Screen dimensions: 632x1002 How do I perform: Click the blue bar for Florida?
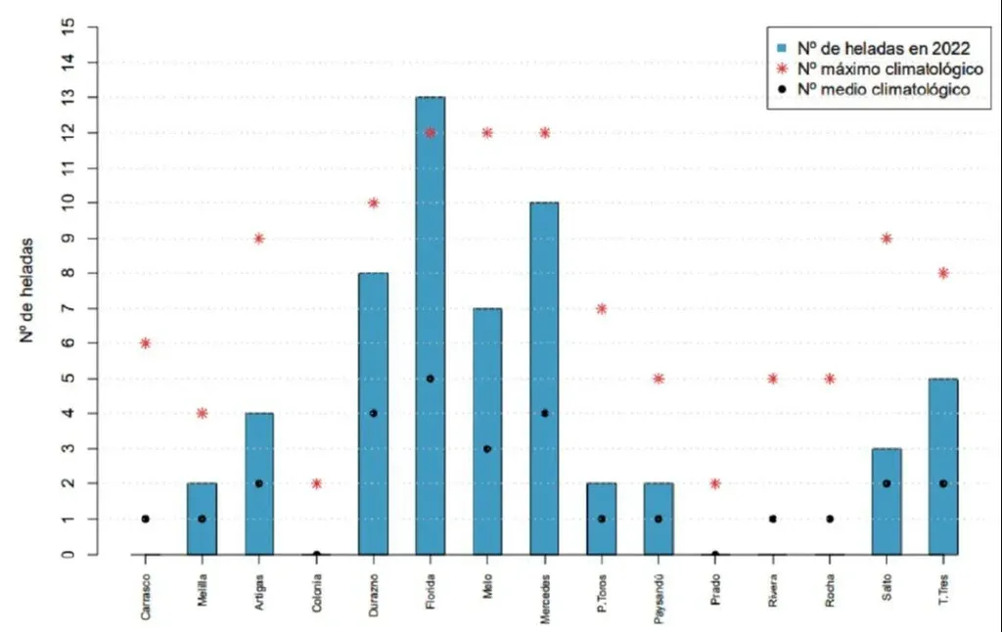tap(430, 323)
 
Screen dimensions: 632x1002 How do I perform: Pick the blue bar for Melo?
tap(486, 430)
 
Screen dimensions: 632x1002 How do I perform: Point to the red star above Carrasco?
tap(145, 343)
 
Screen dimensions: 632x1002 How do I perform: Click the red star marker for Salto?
tap(887, 238)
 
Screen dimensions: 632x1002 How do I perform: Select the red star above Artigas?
tap(259, 238)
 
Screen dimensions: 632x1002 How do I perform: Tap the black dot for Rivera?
tap(772, 519)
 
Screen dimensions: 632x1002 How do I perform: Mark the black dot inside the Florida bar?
tap(430, 379)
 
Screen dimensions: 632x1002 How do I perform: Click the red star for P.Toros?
tap(601, 308)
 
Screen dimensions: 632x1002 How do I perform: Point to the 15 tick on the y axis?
tap(67, 26)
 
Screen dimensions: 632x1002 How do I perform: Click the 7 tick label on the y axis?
tap(67, 308)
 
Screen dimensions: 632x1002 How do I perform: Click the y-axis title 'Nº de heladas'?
tap(28, 289)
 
